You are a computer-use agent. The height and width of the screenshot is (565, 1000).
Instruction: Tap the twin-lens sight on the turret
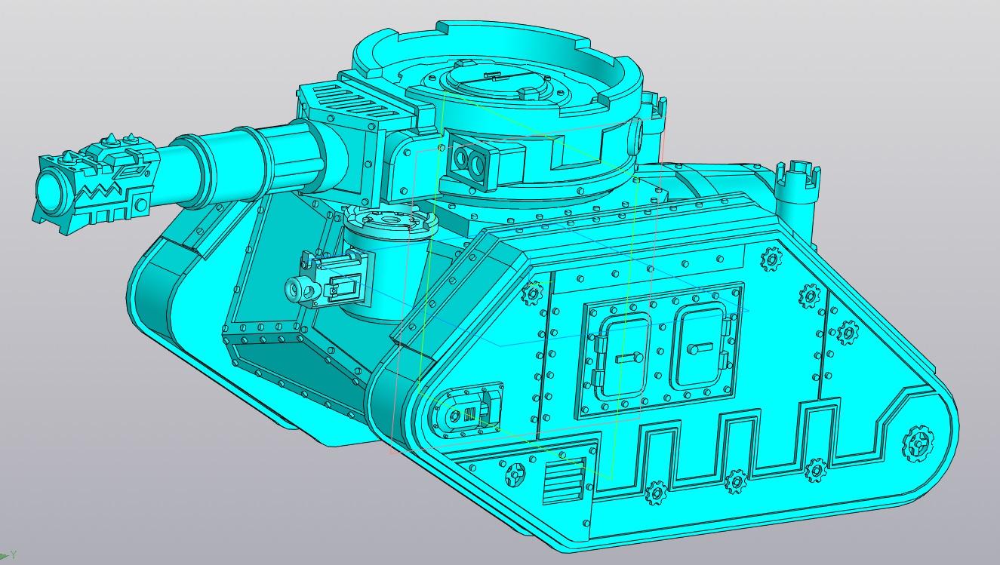(x=467, y=158)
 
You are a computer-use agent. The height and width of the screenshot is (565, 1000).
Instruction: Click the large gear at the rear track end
(x=919, y=443)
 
